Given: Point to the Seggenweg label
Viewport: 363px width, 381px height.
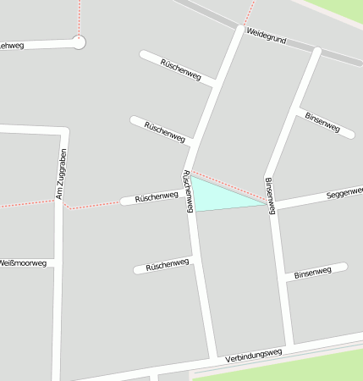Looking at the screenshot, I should tap(343, 194).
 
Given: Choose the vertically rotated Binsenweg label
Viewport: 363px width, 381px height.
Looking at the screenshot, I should tap(270, 196).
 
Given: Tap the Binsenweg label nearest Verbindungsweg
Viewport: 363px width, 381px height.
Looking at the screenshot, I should tap(315, 273).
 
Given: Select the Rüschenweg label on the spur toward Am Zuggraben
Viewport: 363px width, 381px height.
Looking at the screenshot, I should tap(157, 197).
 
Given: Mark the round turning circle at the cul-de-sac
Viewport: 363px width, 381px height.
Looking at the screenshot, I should tap(79, 41).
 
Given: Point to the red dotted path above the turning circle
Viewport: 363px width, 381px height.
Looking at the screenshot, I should tap(80, 17).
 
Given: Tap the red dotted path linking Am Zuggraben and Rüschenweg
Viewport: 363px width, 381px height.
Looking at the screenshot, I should tap(93, 205).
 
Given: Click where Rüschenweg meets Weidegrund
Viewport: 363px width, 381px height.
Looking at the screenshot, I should tap(239, 30).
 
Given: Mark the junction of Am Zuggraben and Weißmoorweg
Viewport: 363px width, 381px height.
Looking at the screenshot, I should tap(58, 263).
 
